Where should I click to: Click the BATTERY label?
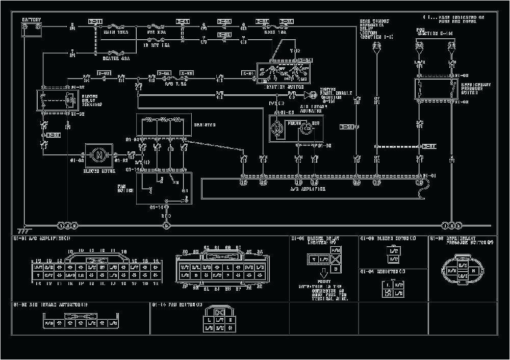click(31, 20)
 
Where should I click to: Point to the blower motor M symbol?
click(99, 153)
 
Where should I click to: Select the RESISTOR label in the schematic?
click(205, 125)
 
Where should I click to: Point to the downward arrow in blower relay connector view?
click(323, 274)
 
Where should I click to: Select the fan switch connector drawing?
click(219, 318)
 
